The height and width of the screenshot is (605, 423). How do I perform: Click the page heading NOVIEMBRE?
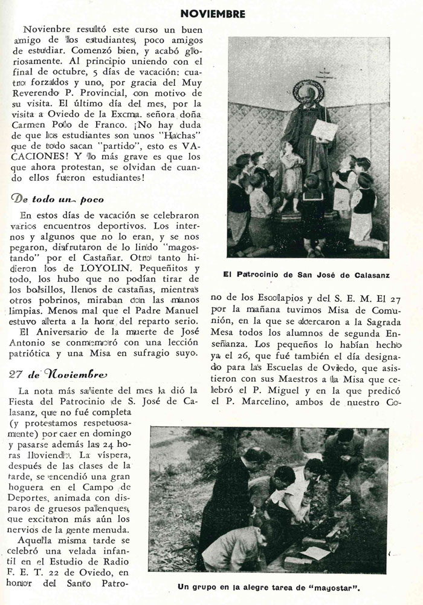point(213,13)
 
